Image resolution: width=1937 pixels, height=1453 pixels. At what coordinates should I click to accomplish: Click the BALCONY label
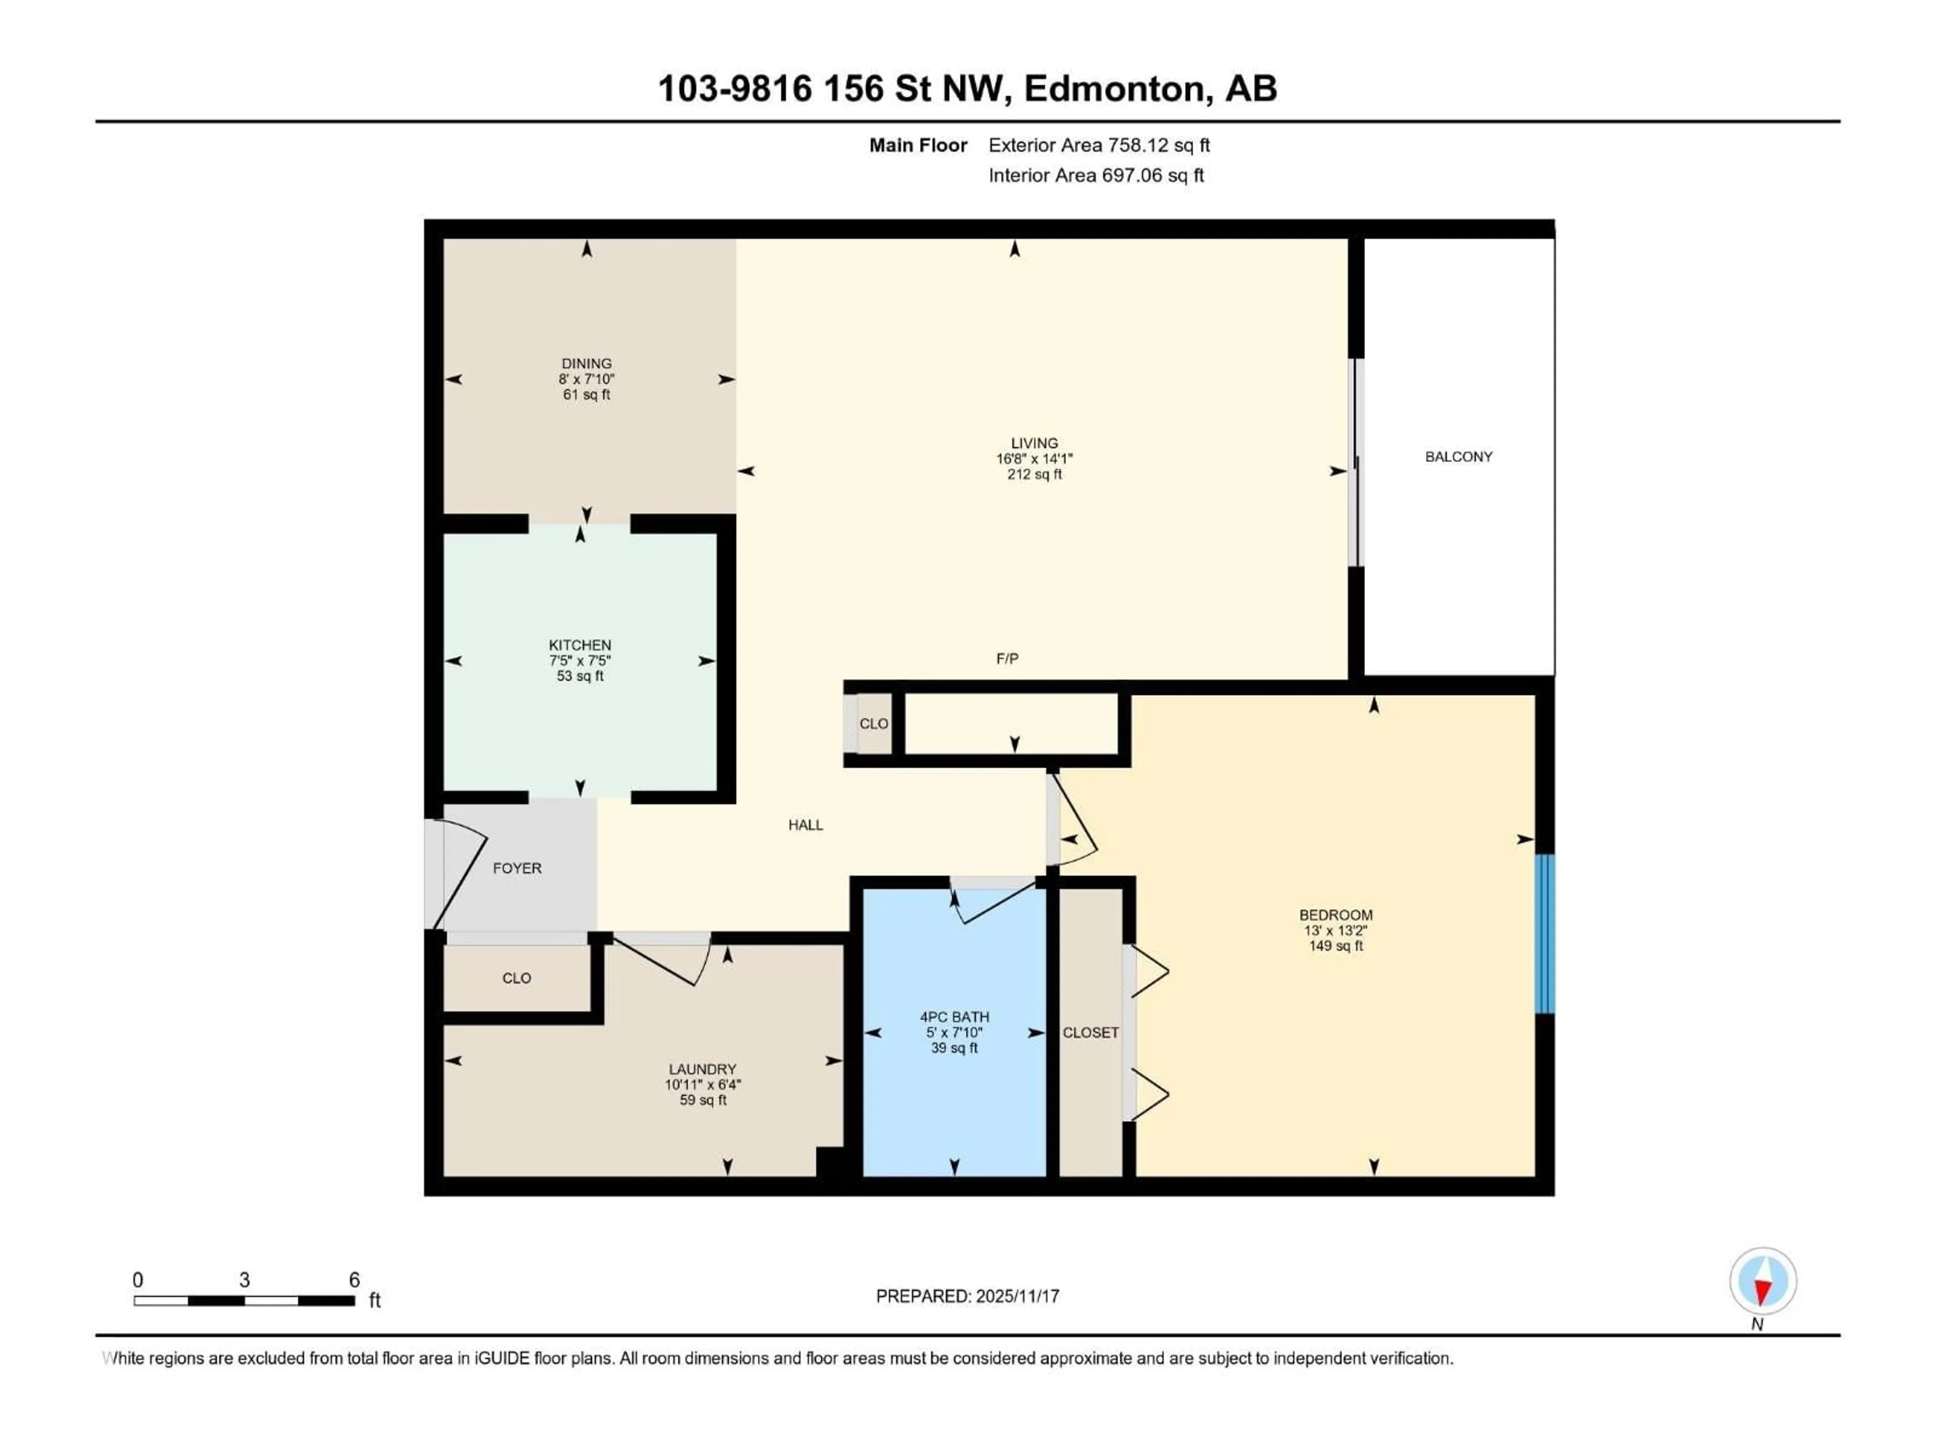click(1458, 456)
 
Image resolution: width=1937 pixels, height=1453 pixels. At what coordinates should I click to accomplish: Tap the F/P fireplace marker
click(1007, 658)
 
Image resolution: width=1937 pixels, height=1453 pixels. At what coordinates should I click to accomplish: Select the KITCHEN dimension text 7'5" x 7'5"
click(580, 660)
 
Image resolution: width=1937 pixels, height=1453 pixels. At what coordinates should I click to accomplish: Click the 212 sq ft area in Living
click(1034, 474)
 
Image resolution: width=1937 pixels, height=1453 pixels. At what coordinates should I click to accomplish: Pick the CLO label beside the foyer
click(517, 977)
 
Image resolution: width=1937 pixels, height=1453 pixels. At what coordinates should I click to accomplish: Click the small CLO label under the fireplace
click(873, 723)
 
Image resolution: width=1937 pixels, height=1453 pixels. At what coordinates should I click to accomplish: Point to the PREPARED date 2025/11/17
click(967, 1296)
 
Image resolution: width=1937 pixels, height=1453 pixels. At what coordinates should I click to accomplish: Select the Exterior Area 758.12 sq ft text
click(1099, 145)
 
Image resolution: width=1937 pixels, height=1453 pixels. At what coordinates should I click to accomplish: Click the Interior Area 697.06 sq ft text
click(1096, 175)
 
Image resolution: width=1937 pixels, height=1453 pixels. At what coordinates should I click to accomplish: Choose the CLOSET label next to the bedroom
click(1090, 1033)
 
